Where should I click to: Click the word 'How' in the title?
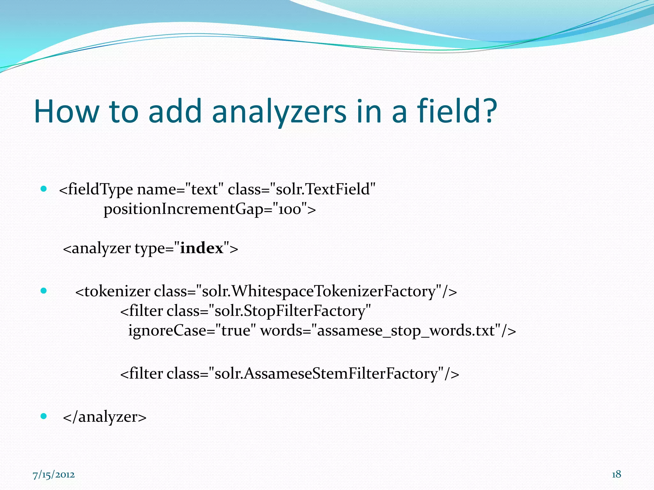(x=66, y=111)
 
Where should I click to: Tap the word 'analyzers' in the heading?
(x=279, y=111)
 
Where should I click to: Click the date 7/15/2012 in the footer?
(x=54, y=475)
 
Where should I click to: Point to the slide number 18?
(x=616, y=474)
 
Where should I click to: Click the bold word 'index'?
(x=202, y=248)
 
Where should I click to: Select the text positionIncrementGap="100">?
(x=210, y=209)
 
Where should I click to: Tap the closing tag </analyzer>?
(x=105, y=417)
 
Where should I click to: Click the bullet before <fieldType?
(x=44, y=189)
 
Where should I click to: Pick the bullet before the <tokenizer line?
(x=44, y=291)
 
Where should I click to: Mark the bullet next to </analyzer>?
(x=44, y=416)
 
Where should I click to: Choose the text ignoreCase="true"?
(x=192, y=330)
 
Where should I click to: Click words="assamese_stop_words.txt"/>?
(x=388, y=330)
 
